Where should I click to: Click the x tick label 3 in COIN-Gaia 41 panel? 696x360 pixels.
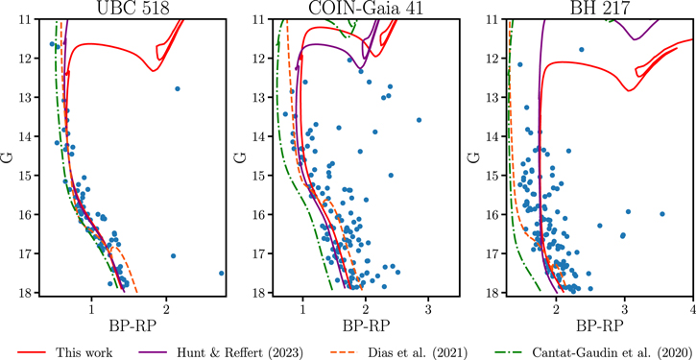coord(428,310)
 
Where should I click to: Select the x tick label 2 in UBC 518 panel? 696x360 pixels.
coord(166,310)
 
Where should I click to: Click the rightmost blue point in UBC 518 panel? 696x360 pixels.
coord(221,273)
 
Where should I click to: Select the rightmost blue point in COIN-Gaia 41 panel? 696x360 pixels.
coord(419,120)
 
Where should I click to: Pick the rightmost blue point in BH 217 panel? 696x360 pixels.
coord(662,214)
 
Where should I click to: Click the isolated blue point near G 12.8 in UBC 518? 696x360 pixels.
coord(178,88)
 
